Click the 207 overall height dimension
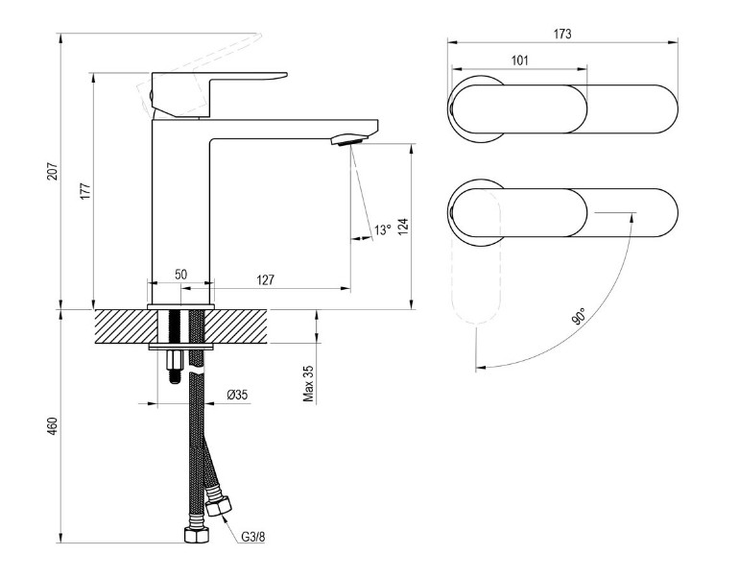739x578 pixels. click(53, 171)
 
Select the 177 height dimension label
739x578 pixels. click(85, 190)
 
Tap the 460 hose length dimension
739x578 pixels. click(53, 426)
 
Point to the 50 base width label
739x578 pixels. click(181, 275)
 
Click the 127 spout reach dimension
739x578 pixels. click(265, 280)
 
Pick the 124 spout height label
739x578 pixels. click(403, 228)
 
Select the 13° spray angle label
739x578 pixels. click(383, 230)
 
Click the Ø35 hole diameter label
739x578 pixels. click(237, 395)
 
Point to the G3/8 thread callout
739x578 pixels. click(253, 537)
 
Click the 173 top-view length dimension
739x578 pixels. click(562, 34)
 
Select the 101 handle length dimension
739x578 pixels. click(519, 60)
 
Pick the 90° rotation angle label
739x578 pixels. click(579, 316)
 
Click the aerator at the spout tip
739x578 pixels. click(348, 139)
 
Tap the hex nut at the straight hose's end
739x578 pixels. click(197, 534)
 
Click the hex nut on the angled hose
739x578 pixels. click(219, 505)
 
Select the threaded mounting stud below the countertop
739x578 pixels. click(176, 367)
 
